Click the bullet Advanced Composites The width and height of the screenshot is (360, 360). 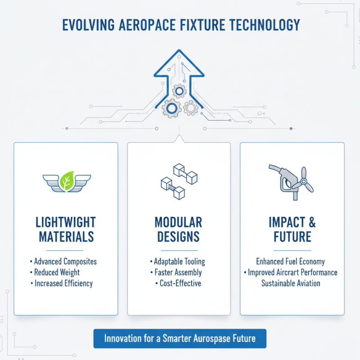(65, 261)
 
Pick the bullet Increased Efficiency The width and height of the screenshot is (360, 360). (63, 283)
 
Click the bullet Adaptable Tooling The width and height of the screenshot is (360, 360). (179, 261)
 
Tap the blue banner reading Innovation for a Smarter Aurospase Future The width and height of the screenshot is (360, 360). (180, 338)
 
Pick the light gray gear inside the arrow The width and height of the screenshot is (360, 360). (190, 108)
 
